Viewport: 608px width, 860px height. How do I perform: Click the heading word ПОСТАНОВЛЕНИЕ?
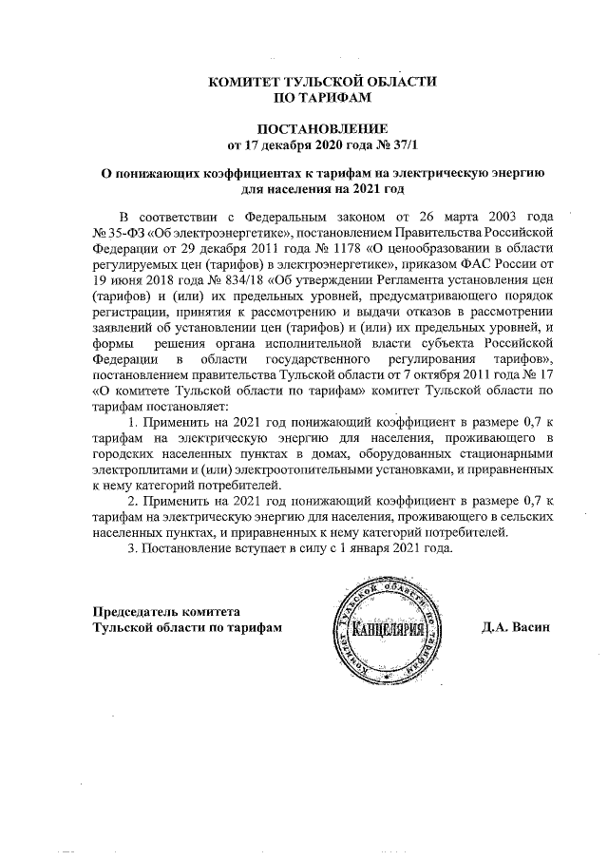[x=323, y=128]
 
